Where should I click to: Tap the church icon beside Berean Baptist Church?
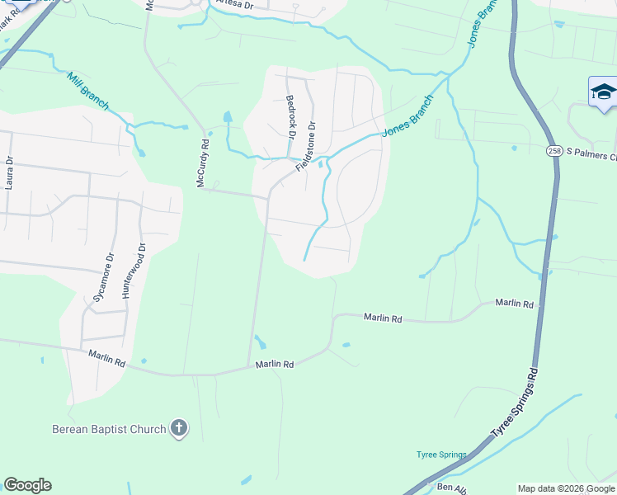(178, 428)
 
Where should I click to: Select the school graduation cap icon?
(603, 91)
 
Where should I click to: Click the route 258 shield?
(554, 151)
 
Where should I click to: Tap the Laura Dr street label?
(9, 173)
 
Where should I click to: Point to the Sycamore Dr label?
(103, 278)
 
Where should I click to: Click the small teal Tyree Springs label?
(441, 455)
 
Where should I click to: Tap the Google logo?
(27, 485)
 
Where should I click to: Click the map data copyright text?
(566, 488)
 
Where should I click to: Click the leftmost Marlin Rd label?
(107, 359)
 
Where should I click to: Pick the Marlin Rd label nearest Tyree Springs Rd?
(514, 304)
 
